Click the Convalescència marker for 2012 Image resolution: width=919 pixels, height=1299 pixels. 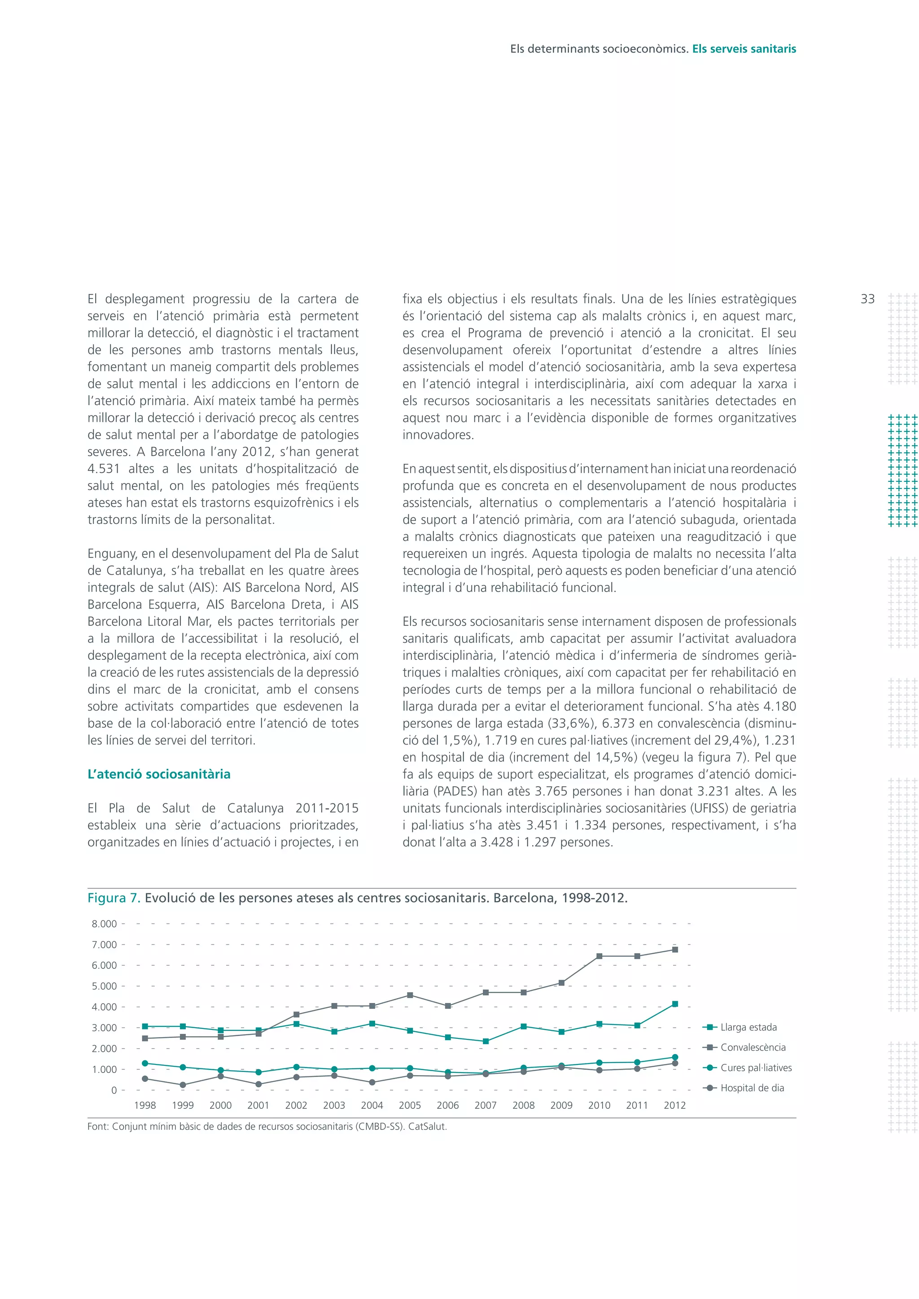click(x=674, y=950)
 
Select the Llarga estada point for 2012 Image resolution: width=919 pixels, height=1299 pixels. click(x=674, y=1004)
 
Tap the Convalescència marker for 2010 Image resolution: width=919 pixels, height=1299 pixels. click(x=599, y=956)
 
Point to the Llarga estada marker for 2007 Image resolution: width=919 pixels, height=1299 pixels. click(x=486, y=1041)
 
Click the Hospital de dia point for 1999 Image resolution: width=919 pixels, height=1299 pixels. click(x=183, y=1085)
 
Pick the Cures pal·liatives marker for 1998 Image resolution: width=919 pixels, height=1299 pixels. click(x=145, y=1063)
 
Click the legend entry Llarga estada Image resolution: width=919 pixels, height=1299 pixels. click(x=748, y=1027)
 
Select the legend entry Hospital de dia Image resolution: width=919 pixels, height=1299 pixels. click(x=752, y=1087)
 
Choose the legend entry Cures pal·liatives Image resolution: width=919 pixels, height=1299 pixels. click(x=756, y=1068)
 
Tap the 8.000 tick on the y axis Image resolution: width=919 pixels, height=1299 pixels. click(x=104, y=924)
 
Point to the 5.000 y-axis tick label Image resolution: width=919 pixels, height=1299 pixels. click(x=104, y=986)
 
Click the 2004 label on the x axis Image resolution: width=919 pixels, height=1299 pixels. click(x=372, y=1105)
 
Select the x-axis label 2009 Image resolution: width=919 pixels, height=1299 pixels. click(x=561, y=1105)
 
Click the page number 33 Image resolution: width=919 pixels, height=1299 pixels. click(x=867, y=299)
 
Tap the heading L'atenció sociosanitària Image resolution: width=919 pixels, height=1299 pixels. click(x=159, y=774)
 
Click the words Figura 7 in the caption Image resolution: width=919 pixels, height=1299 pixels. click(x=114, y=898)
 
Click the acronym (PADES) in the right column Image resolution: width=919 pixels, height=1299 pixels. click(x=455, y=791)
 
